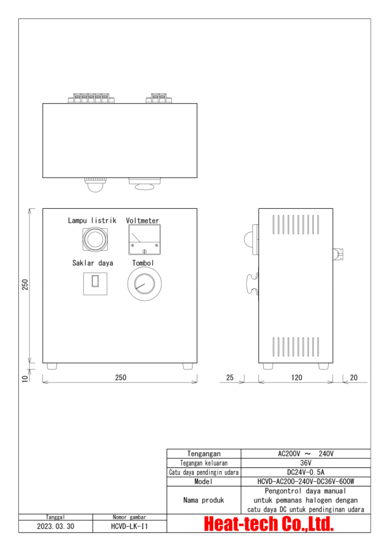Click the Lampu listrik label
pyautogui.click(x=92, y=221)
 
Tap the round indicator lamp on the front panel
pyautogui.click(x=95, y=239)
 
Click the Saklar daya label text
pyautogui.click(x=92, y=263)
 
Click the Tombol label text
pyautogui.click(x=143, y=263)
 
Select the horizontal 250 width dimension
pyautogui.click(x=120, y=378)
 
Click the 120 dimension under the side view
pyautogui.click(x=297, y=378)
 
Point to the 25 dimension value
pyautogui.click(x=229, y=378)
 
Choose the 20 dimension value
pyautogui.click(x=353, y=378)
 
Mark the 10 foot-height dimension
pyautogui.click(x=25, y=378)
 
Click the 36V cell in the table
pyautogui.click(x=306, y=463)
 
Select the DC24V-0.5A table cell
pyautogui.click(x=306, y=472)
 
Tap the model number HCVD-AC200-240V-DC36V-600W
pyautogui.click(x=306, y=482)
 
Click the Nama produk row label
pyautogui.click(x=204, y=500)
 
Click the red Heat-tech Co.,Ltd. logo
pyautogui.click(x=269, y=524)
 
